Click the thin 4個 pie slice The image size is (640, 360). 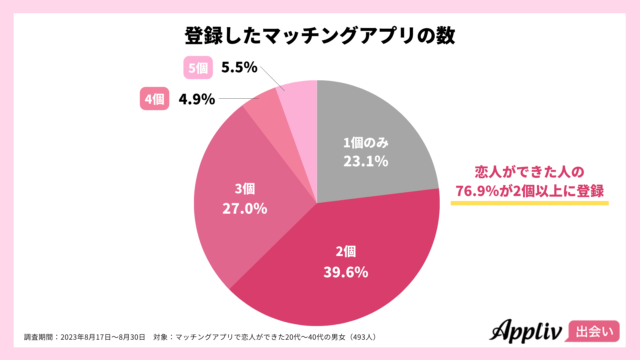coord(263,113)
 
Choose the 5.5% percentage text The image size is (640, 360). coord(240,68)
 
